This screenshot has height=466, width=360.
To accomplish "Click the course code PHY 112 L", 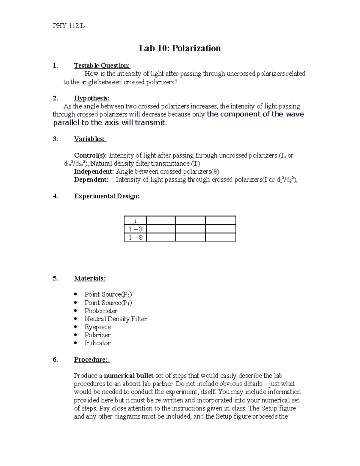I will [x=69, y=26].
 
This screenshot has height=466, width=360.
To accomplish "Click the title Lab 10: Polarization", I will [x=180, y=48].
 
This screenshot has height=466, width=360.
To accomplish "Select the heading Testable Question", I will [x=102, y=66].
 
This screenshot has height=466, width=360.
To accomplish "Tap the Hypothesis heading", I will [x=92, y=98].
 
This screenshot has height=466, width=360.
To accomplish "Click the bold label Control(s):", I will [x=90, y=155].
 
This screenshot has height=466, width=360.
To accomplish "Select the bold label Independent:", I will [x=94, y=172].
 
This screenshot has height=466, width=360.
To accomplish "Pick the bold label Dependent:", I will [x=91, y=180].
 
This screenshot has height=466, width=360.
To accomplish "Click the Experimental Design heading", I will [x=107, y=196].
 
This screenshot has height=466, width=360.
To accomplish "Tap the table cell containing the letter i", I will [x=135, y=221].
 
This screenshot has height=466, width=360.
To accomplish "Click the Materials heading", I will [x=90, y=278].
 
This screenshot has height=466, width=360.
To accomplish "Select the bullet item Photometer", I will [x=100, y=311].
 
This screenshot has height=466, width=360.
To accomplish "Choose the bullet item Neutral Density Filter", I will [x=115, y=319].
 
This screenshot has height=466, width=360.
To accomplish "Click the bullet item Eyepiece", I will [x=97, y=327].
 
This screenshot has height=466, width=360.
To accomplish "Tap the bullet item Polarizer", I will [x=97, y=335].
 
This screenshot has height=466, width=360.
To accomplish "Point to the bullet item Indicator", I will [x=97, y=343].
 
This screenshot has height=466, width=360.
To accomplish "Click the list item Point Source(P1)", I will [x=108, y=303].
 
